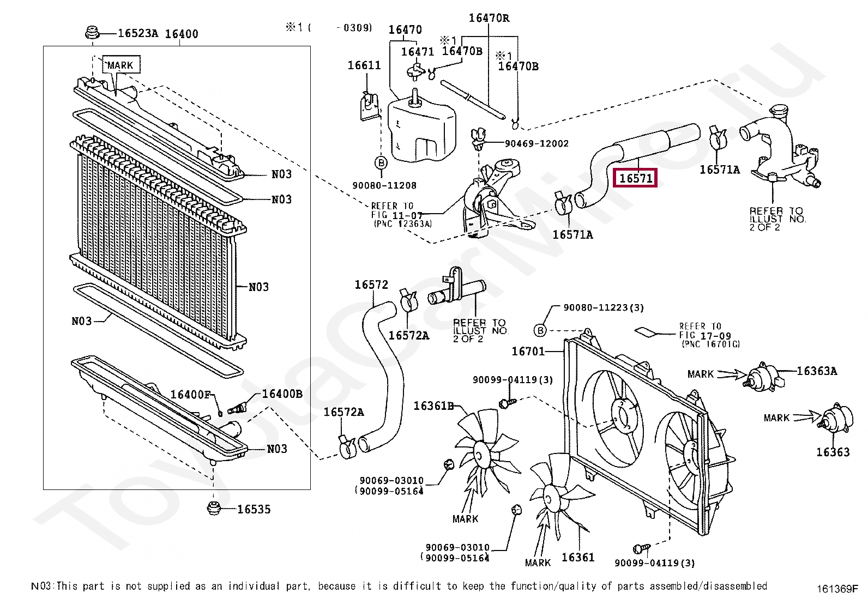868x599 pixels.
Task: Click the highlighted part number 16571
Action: tap(636, 178)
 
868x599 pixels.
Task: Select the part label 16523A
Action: tap(137, 33)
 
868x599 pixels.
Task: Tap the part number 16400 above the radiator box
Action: tap(182, 34)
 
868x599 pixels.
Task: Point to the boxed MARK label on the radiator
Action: tap(120, 65)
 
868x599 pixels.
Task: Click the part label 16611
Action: tap(364, 65)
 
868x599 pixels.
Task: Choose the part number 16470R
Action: tap(489, 18)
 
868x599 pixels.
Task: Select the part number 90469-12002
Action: tap(537, 143)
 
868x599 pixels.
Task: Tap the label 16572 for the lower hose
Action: tap(371, 285)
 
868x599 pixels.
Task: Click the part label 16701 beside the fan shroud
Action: tap(528, 352)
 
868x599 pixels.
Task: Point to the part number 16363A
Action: tap(817, 371)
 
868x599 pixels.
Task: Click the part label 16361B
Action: tap(433, 406)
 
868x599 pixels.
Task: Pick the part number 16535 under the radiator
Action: tap(254, 509)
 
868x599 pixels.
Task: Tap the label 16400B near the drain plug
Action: tap(282, 394)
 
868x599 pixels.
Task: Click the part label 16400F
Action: tap(190, 395)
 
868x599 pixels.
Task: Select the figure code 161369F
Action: tap(837, 589)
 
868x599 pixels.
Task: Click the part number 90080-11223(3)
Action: tap(604, 307)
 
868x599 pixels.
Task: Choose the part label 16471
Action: tap(417, 52)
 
